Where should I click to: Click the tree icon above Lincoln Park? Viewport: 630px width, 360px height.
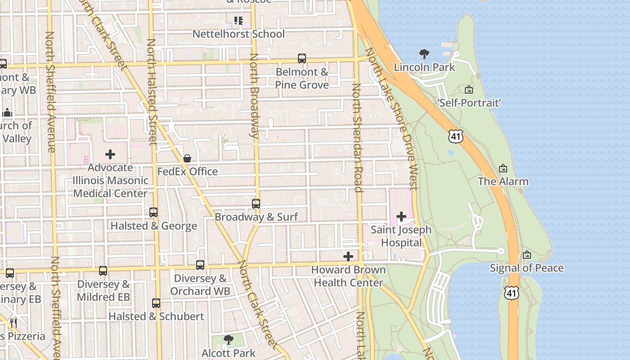click(424, 54)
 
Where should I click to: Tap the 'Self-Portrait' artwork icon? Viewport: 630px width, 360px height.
click(469, 90)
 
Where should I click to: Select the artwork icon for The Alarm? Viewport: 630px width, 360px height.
click(503, 168)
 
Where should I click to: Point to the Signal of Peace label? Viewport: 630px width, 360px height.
click(526, 268)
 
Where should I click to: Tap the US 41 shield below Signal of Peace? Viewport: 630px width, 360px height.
click(512, 293)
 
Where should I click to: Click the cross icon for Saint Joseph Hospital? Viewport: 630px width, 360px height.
click(401, 216)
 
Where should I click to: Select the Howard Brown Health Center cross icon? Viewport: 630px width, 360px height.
click(348, 256)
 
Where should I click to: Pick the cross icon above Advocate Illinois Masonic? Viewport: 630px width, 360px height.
click(110, 154)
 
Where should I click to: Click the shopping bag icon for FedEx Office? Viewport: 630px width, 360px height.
click(187, 158)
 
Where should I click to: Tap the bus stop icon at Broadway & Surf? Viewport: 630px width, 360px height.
click(256, 204)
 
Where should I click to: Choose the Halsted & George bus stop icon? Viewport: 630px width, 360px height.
click(153, 212)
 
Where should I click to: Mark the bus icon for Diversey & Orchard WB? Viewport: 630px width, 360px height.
click(200, 265)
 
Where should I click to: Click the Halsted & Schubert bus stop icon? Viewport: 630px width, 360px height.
click(156, 303)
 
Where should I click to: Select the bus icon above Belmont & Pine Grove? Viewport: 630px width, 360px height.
click(302, 58)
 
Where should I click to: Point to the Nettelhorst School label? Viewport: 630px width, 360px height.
click(238, 34)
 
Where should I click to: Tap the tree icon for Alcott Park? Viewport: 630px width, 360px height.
click(229, 340)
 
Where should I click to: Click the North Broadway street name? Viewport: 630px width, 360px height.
click(254, 95)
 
